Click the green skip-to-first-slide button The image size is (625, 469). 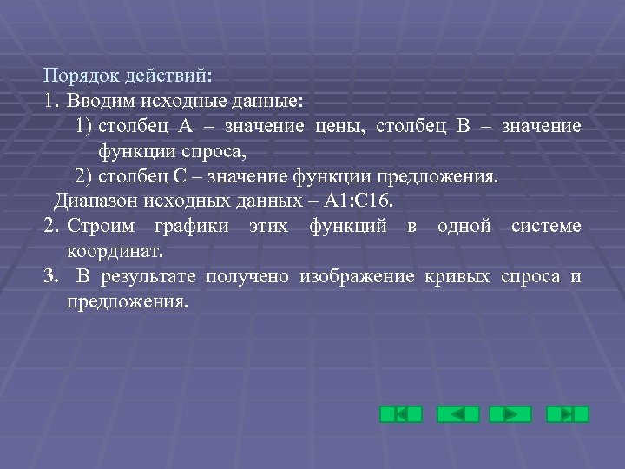click(x=401, y=414)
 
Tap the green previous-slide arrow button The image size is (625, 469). click(x=457, y=414)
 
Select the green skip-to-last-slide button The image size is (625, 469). click(x=568, y=414)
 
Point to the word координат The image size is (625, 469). click(x=115, y=252)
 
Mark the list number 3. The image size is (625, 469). click(x=51, y=277)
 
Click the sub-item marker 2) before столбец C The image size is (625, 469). click(x=84, y=177)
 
